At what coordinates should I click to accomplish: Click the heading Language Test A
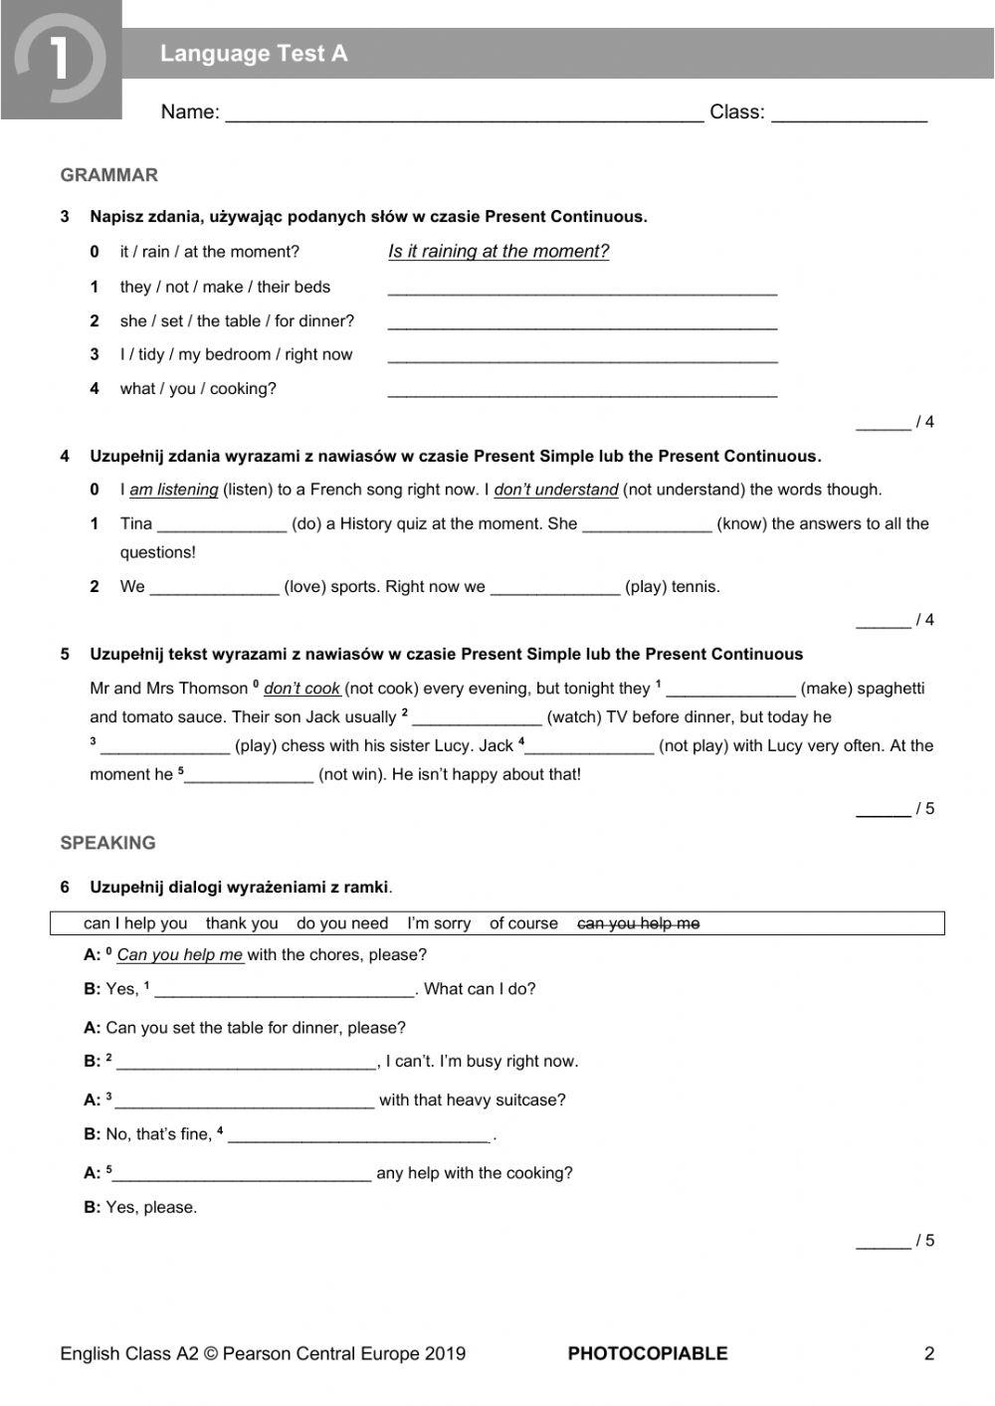coord(254,54)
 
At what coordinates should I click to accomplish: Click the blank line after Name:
coord(464,113)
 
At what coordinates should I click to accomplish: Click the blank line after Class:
coord(849,113)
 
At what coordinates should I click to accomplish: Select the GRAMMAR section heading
coord(108,175)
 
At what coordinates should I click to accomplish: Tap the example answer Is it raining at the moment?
coord(497,252)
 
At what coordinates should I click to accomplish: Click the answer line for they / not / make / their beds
coord(582,289)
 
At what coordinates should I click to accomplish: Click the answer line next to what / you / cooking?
coord(582,390)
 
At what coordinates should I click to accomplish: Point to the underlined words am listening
coord(173,490)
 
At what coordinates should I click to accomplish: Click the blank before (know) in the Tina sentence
coord(647,525)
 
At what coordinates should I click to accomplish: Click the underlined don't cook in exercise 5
coord(301,689)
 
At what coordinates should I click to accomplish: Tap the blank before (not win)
coord(249,776)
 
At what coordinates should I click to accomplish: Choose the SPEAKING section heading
coord(107,843)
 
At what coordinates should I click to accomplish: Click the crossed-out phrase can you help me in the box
coord(638,923)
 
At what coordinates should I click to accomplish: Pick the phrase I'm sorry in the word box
coord(439,923)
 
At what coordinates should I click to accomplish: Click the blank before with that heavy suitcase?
coord(245,1102)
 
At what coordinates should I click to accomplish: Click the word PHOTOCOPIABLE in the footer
coord(647,1353)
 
